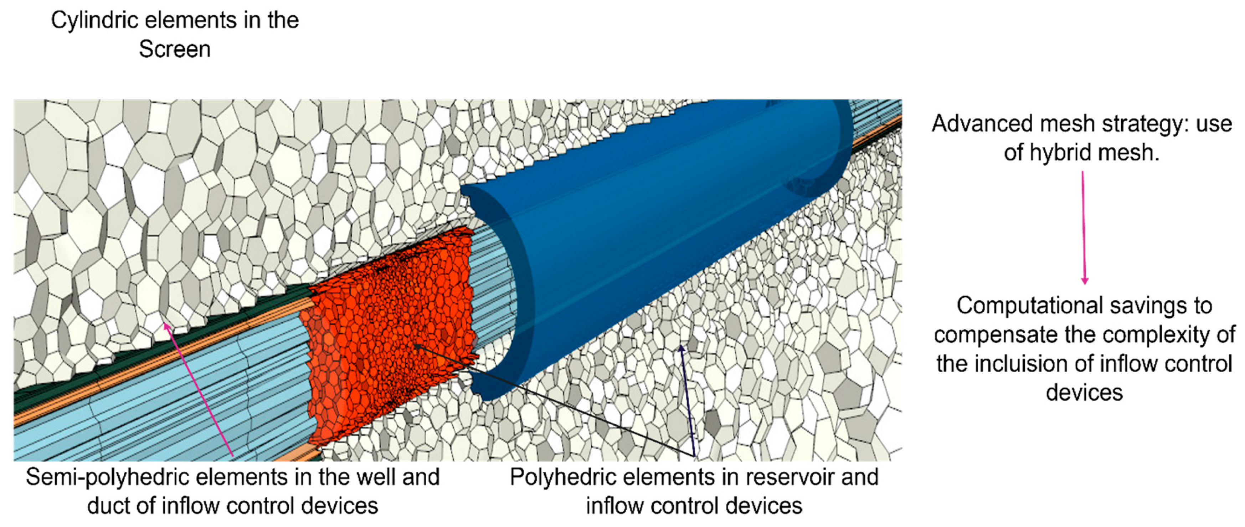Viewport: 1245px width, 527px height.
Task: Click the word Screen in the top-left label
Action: [x=175, y=49]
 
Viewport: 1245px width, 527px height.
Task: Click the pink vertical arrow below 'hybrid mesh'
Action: [x=1084, y=227]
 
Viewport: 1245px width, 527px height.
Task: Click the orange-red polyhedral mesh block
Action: [x=387, y=338]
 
